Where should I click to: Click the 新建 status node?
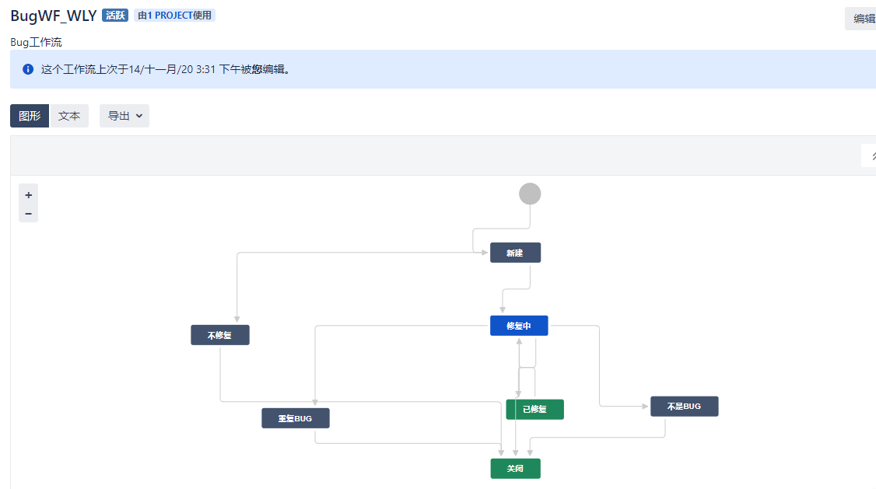click(x=515, y=253)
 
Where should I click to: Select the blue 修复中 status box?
click(x=519, y=326)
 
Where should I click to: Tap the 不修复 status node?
click(x=220, y=335)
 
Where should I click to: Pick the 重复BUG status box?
click(x=296, y=418)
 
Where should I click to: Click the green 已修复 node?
click(x=534, y=409)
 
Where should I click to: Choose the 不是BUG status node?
click(x=685, y=407)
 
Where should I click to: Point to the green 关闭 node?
click(x=516, y=468)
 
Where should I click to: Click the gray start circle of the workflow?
click(x=530, y=194)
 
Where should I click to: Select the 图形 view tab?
click(x=30, y=116)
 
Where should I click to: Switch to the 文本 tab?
click(x=69, y=116)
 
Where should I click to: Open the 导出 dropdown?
click(x=124, y=116)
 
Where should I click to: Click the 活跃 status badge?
click(x=115, y=15)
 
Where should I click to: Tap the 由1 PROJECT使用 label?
click(x=174, y=15)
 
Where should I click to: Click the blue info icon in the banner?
click(x=28, y=69)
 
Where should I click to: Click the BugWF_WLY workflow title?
click(x=54, y=16)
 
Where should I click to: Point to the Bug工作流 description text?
click(x=37, y=43)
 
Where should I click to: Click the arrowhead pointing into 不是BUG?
click(x=645, y=407)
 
